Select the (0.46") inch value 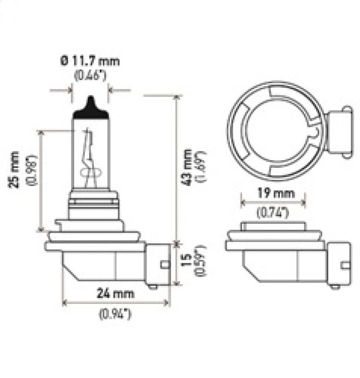click(91, 75)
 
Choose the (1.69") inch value click(201, 167)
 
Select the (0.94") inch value click(115, 313)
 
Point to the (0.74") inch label click(273, 213)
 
